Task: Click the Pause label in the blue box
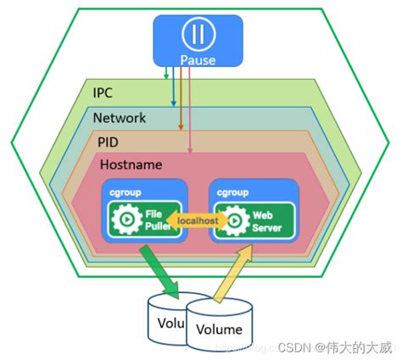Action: (x=198, y=60)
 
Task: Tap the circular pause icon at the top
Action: (x=198, y=35)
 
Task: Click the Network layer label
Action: (x=120, y=118)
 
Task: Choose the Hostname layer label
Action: (x=131, y=163)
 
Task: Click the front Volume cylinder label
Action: (x=219, y=330)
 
